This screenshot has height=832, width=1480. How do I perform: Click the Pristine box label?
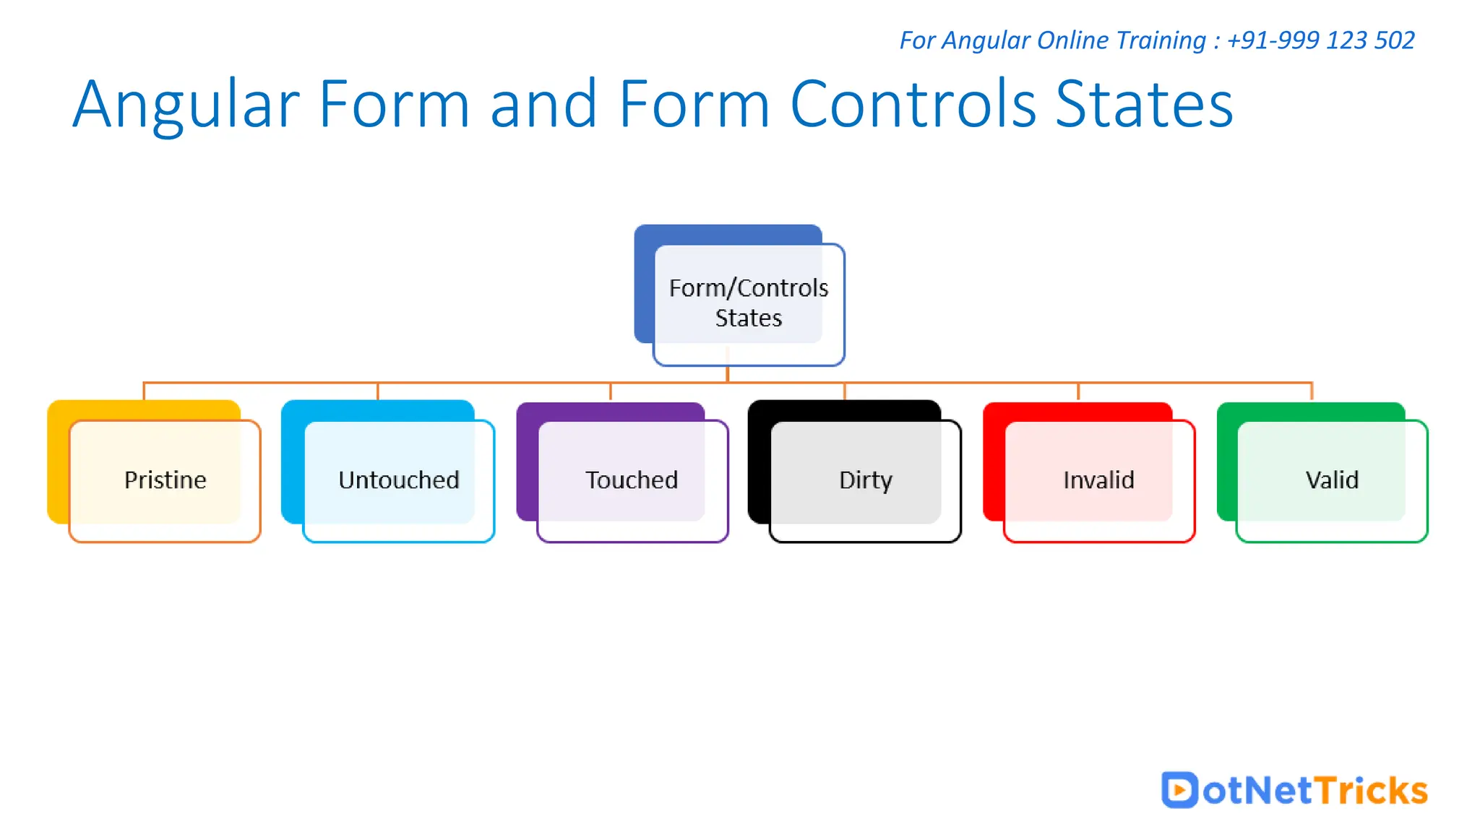165,480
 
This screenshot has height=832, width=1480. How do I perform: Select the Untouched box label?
399,480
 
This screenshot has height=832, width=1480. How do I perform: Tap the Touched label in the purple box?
632,480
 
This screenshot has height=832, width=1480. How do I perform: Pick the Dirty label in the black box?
866,480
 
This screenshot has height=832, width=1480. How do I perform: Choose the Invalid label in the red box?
1098,480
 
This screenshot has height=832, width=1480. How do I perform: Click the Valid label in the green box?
1332,480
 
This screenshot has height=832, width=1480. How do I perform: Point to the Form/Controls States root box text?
749,303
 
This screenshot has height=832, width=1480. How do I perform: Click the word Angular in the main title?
186,105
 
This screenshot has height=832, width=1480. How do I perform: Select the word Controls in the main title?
914,105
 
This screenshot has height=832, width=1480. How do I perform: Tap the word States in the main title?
1144,105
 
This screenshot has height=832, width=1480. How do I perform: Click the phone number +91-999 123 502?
1320,40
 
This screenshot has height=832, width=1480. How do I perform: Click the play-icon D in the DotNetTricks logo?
1179,789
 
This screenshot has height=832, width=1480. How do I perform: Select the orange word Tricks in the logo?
1371,790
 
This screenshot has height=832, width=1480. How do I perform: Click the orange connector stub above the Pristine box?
144,391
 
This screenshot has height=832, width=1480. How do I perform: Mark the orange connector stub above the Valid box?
1312,391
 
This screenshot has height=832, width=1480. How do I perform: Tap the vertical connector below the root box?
728,373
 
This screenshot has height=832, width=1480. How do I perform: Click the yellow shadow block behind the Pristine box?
58,462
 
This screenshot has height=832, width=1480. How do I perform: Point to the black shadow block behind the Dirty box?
759,462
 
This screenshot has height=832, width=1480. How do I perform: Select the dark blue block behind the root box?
644,289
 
